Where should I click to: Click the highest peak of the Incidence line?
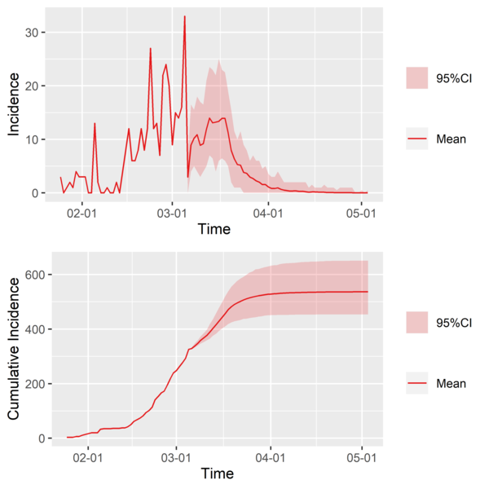(x=185, y=16)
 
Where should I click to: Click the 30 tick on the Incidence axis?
(x=37, y=32)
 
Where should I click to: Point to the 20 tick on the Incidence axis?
(x=37, y=86)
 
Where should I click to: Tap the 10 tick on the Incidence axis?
(x=37, y=139)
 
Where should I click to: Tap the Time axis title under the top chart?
(x=214, y=229)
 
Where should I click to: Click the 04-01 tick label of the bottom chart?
(x=271, y=458)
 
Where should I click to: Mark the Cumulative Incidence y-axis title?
(x=15, y=347)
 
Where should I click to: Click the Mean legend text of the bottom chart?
(x=451, y=384)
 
